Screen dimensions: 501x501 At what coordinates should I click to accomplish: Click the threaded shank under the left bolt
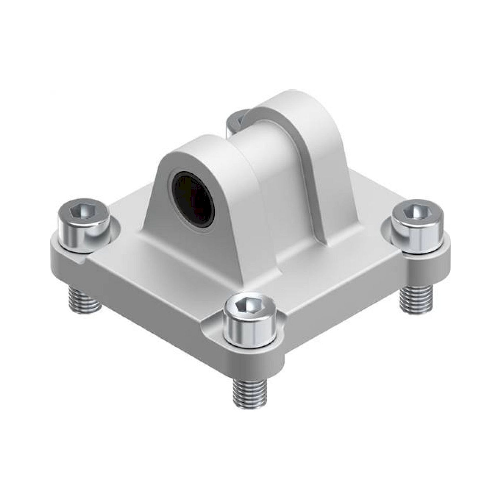84,298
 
